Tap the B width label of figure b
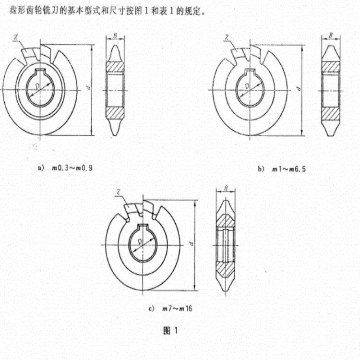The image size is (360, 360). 331,36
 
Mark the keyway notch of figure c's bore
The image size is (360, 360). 143,227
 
